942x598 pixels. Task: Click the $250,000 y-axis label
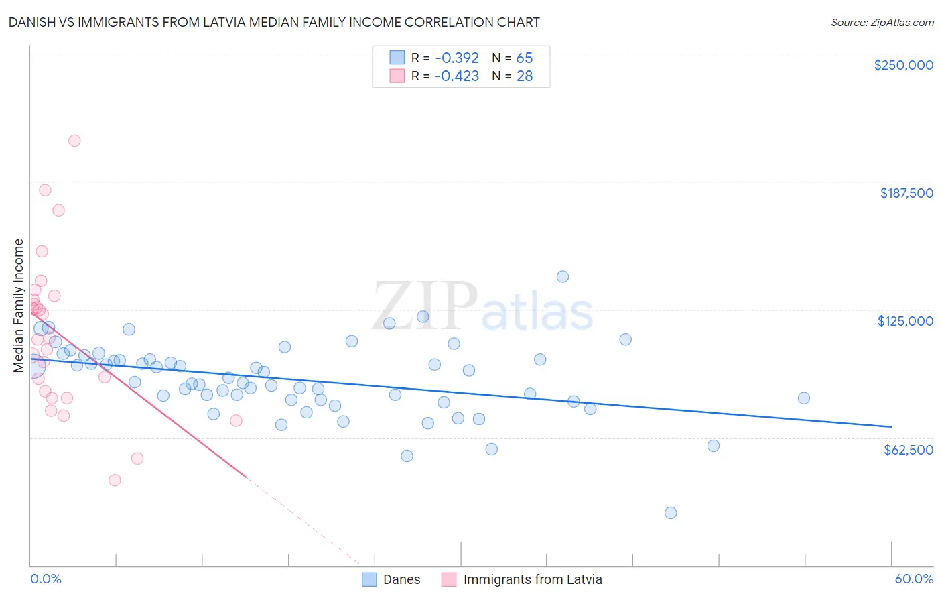(903, 65)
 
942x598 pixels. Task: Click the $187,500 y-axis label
(906, 193)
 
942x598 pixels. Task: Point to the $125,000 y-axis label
(905, 321)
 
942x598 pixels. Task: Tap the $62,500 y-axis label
(908, 450)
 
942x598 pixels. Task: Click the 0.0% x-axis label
(46, 579)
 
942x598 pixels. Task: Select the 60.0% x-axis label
(914, 579)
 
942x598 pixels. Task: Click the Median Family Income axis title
(19, 306)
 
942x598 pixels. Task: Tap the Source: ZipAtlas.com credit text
(882, 22)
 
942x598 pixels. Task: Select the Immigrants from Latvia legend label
(532, 579)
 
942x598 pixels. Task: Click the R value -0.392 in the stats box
(456, 58)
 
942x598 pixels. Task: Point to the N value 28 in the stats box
(525, 76)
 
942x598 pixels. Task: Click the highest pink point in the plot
(74, 141)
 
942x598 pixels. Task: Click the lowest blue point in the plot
(671, 513)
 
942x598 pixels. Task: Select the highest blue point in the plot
(563, 277)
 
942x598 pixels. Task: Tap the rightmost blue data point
(804, 398)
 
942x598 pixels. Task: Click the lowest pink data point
(115, 480)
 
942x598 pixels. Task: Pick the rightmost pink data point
(236, 421)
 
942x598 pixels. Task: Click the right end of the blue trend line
(891, 426)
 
